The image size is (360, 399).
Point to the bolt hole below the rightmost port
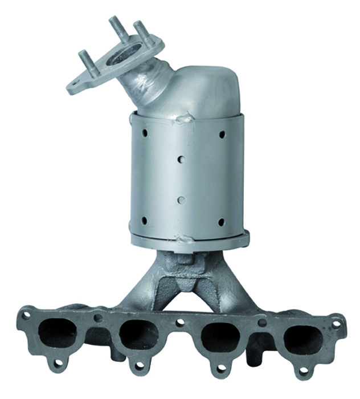tap(304, 371)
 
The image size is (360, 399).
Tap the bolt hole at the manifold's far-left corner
tap(26, 315)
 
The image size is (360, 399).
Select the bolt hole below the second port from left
tap(138, 366)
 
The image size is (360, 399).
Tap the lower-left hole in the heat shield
tap(144, 221)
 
